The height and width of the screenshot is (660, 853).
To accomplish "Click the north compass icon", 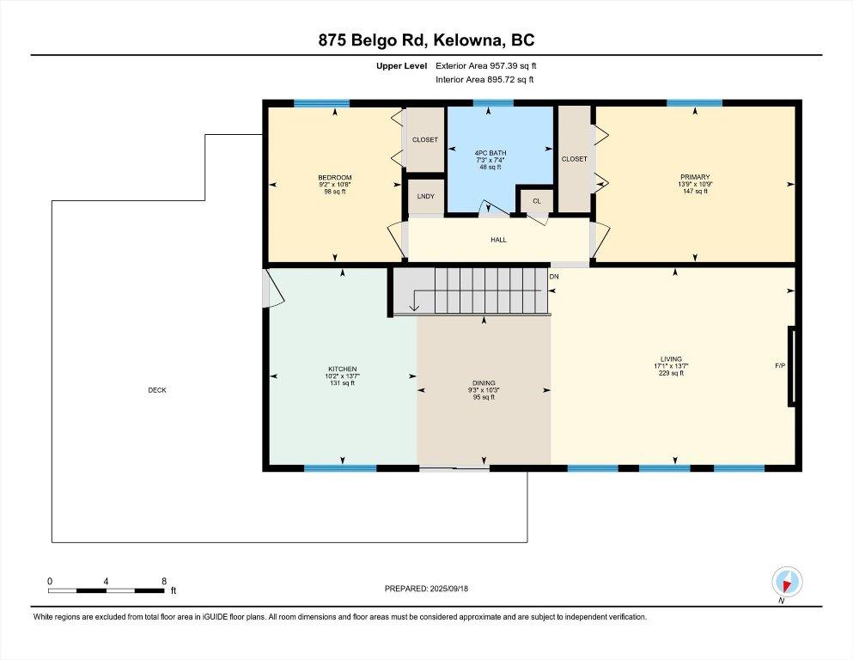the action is click(x=787, y=582).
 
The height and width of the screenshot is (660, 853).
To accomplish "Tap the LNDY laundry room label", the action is click(x=425, y=196).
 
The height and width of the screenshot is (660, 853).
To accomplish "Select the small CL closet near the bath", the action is click(x=536, y=201).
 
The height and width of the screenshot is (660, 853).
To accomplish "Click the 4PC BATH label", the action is click(x=490, y=153).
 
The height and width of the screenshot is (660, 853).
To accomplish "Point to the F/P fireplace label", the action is click(x=780, y=365).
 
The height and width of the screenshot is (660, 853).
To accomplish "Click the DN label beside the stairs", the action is click(x=554, y=277).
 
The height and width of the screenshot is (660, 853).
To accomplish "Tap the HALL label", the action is click(x=498, y=240).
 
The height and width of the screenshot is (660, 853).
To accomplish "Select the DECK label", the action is click(x=157, y=390).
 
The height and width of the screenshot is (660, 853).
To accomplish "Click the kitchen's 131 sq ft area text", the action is click(x=342, y=383).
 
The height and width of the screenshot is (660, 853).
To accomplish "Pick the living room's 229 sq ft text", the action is click(x=671, y=373).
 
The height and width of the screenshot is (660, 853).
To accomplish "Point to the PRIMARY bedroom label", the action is click(x=695, y=177).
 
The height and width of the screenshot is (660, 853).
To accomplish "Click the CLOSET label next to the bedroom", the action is click(x=425, y=140).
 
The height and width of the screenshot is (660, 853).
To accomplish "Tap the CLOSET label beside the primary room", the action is click(x=574, y=159).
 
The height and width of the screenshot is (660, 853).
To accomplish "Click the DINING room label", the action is click(x=484, y=383).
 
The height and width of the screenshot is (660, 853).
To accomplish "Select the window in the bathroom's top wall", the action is click(x=493, y=103).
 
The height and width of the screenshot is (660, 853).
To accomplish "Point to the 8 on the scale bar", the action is click(x=164, y=581).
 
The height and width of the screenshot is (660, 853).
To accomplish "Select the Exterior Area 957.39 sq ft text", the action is click(x=486, y=66).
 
